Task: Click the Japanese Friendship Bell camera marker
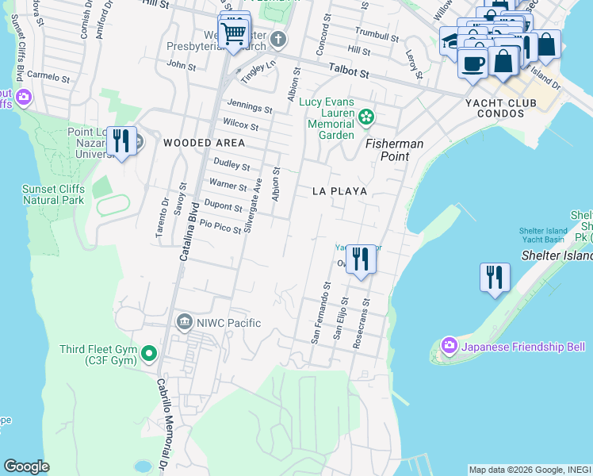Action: click(x=450, y=346)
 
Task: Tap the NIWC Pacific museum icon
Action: click(x=184, y=322)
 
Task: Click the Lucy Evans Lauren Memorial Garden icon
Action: click(x=365, y=117)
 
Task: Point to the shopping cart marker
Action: click(x=233, y=34)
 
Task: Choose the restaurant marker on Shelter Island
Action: click(x=495, y=278)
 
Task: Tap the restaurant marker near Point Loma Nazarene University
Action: click(x=121, y=141)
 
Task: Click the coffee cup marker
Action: click(x=473, y=63)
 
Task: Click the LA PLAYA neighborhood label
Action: click(x=339, y=191)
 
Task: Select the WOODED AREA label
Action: click(x=204, y=143)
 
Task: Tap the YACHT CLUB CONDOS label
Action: click(x=507, y=108)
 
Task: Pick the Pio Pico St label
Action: click(x=220, y=228)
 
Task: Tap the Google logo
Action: click(x=26, y=466)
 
